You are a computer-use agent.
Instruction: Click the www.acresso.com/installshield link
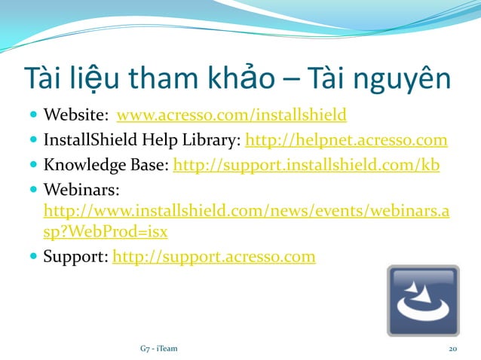tap(231, 116)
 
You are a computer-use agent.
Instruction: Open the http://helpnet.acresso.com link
tap(346, 140)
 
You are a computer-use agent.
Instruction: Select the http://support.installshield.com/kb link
tap(306, 164)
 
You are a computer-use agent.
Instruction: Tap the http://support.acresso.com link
tap(213, 258)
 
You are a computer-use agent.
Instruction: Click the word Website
tap(75, 116)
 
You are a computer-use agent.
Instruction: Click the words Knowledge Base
tap(106, 164)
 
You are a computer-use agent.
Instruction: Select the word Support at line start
tap(74, 258)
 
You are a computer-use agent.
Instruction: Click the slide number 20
tap(453, 349)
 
